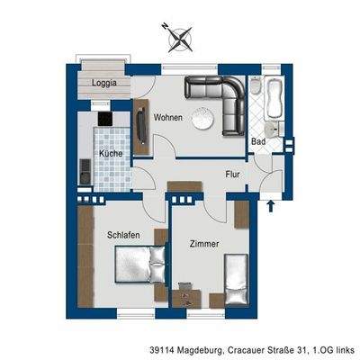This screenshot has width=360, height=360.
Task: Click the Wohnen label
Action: [x=168, y=118]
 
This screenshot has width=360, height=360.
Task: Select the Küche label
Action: [x=111, y=154]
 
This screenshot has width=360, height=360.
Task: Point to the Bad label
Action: [x=258, y=141]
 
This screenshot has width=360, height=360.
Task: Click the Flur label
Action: [x=232, y=176]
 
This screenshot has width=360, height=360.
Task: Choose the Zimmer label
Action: [x=205, y=244]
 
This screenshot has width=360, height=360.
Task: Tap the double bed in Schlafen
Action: [x=139, y=264]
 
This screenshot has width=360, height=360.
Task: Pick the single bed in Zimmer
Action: [x=235, y=279]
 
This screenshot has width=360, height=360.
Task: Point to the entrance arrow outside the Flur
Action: [x=272, y=206]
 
